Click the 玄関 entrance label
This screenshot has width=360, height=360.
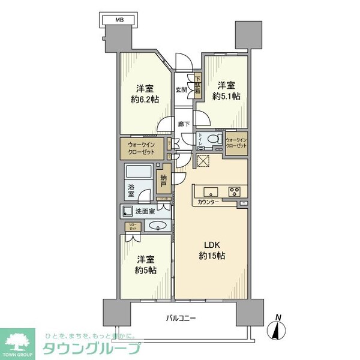coord(181,90)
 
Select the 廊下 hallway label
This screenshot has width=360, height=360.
coord(184,124)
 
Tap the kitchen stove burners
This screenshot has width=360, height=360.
coord(233,193)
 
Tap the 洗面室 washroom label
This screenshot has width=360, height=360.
coord(145,211)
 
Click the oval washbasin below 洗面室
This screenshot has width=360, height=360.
coord(156,226)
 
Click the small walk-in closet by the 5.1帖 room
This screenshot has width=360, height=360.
coord(237,144)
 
